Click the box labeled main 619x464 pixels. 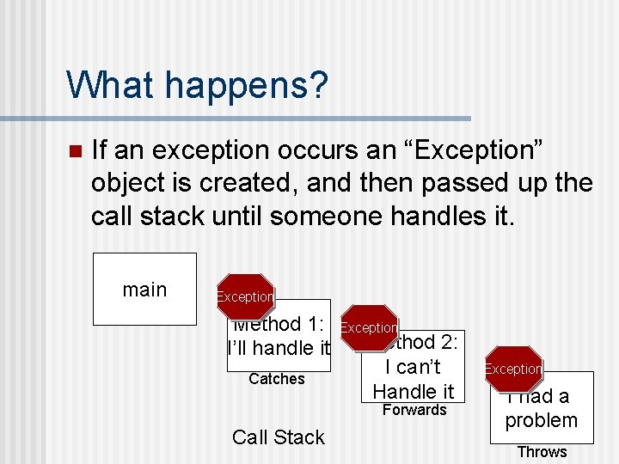pos(144,290)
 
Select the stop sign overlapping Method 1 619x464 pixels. pos(245,296)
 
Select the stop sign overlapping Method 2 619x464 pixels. pos(369,327)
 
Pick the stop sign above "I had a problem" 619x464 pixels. pos(513,369)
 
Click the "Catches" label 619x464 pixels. pos(276,379)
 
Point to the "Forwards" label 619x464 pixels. pos(414,410)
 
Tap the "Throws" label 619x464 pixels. pos(542,452)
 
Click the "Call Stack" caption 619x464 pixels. pos(278,437)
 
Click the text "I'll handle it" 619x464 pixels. pos(279,349)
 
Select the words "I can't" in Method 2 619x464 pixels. pos(413,368)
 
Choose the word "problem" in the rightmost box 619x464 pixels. pos(542,421)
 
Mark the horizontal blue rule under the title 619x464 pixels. pos(269,119)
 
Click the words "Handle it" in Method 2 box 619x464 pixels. pos(414,392)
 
